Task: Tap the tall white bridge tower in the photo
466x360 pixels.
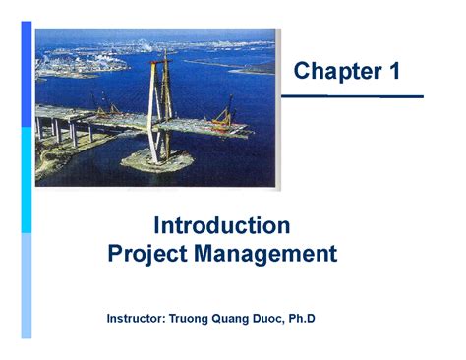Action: click(153, 108)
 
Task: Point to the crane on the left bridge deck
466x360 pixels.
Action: click(98, 100)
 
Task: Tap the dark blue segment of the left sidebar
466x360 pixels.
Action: click(27, 74)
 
